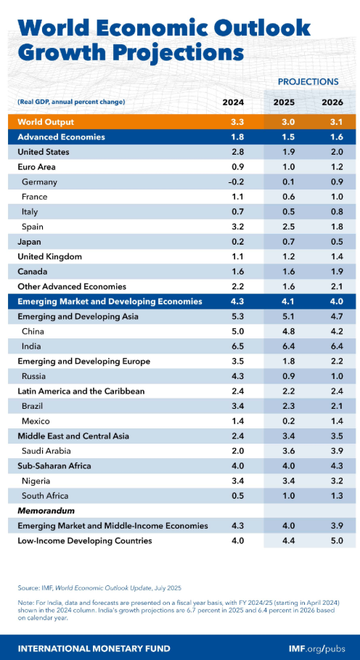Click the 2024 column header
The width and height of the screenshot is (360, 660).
click(x=233, y=102)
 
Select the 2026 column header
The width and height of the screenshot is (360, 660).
click(x=332, y=102)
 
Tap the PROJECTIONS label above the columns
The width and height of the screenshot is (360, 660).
click(x=308, y=81)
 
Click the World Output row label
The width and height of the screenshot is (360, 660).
click(x=46, y=122)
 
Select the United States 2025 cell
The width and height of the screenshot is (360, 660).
click(x=283, y=152)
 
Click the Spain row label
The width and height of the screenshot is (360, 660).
click(x=33, y=227)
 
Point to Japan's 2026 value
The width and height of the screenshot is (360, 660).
click(x=332, y=241)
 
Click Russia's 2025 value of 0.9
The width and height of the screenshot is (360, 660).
click(x=283, y=376)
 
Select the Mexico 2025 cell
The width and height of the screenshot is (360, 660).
click(x=283, y=421)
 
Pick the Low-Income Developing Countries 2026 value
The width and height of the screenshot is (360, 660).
click(x=332, y=540)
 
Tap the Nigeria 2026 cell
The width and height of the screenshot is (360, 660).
click(x=332, y=481)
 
